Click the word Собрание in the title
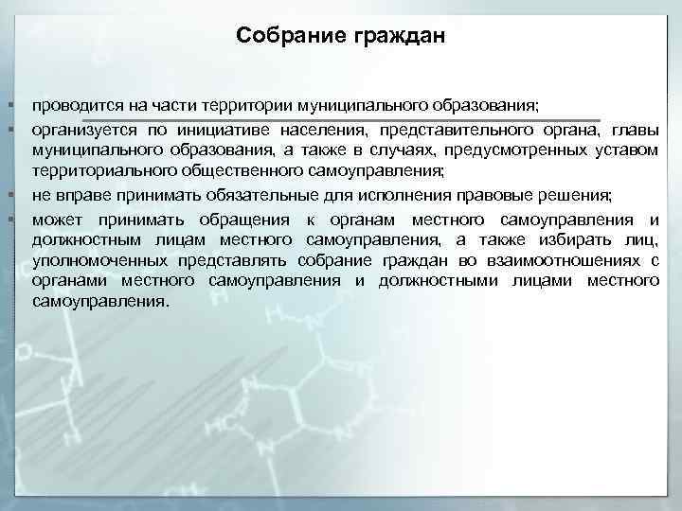point(291,36)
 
